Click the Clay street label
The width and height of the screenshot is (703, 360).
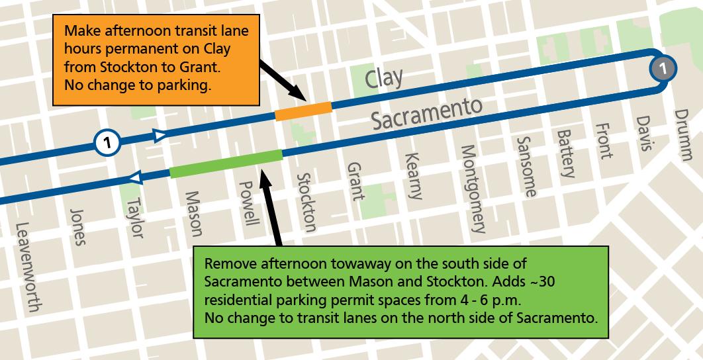384,79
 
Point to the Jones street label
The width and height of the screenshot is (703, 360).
77,227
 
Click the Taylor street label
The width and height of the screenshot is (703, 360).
134,216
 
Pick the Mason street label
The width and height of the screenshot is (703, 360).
193,213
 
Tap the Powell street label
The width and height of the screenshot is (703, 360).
250,204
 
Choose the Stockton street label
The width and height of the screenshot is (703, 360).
306,202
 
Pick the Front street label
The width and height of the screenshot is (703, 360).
603,141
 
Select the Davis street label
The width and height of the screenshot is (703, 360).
643,133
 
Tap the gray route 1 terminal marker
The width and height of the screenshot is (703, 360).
664,67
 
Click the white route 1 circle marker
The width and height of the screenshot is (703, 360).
107,142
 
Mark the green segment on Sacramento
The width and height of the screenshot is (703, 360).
226,163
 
